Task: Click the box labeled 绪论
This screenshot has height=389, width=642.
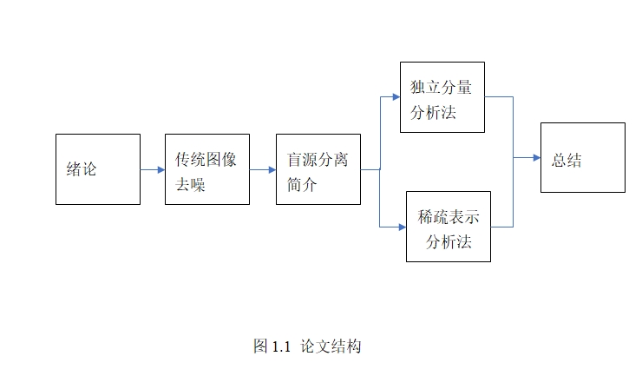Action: coord(97,169)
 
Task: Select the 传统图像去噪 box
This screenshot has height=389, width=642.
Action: coord(207,169)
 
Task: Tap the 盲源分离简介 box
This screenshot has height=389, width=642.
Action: coord(318,169)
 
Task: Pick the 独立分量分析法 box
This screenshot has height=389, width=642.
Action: coord(442,97)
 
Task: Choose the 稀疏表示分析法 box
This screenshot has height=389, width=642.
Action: coord(449,227)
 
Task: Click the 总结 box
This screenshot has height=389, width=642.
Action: coord(582,157)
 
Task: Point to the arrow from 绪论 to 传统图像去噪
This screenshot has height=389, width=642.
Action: coord(153,170)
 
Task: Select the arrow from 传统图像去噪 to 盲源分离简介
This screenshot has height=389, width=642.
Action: coord(263,170)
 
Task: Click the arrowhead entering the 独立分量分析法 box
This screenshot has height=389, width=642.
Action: coord(395,96)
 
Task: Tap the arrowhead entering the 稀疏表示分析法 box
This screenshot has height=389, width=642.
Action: coord(402,227)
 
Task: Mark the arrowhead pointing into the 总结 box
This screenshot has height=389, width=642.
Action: coord(535,158)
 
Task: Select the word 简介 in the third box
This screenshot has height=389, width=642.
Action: coord(302,184)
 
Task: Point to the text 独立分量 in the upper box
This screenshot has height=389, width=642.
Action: coord(441,87)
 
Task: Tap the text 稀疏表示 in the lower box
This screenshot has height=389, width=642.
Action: coord(449,217)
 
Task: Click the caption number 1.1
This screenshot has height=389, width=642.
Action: coord(279,347)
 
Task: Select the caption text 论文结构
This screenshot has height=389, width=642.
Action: coord(331,347)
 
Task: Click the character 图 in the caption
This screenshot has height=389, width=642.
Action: coord(260,347)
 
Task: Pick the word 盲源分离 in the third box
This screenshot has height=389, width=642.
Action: coord(318,161)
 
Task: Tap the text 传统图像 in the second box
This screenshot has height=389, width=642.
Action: coord(206,161)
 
